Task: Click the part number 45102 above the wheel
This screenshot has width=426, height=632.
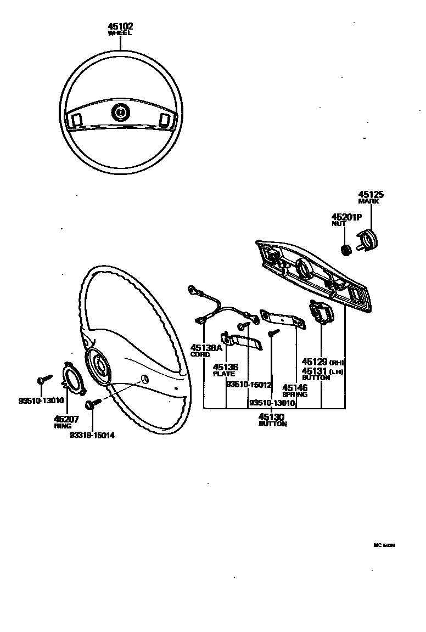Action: coord(120,26)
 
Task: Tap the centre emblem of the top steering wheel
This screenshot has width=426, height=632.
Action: coord(119,113)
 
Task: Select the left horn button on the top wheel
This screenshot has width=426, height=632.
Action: coord(77,119)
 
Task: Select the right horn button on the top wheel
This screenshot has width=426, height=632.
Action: coord(163,119)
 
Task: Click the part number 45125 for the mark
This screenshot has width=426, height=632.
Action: coord(371,194)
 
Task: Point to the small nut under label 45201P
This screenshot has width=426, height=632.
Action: coord(346,250)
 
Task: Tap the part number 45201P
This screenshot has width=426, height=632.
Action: coord(346,217)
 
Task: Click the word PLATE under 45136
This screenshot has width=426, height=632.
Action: coord(223,374)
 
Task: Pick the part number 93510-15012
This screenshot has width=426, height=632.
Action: coord(249,385)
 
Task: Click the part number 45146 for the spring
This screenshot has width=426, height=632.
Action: coord(295,388)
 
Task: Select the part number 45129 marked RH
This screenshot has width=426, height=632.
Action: coord(316,362)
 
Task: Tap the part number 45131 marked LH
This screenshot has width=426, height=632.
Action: coord(316,371)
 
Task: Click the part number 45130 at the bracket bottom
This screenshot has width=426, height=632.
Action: coord(272,417)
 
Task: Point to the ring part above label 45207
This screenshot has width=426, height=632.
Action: coord(72,378)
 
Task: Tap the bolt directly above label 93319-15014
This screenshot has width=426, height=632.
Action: coord(91,405)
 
